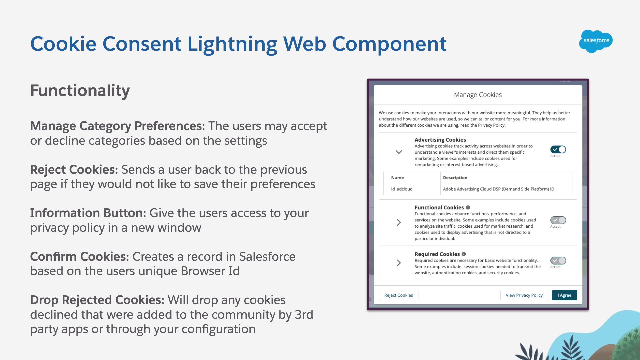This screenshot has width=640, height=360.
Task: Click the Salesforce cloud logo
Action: pyautogui.click(x=596, y=41)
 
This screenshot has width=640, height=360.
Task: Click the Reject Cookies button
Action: pyautogui.click(x=398, y=295)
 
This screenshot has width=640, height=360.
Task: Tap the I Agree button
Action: pyautogui.click(x=564, y=295)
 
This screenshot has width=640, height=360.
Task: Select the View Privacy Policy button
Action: pyautogui.click(x=524, y=295)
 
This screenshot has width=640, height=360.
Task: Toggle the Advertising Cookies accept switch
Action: pyautogui.click(x=558, y=150)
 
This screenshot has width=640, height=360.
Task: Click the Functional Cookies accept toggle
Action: pyautogui.click(x=558, y=220)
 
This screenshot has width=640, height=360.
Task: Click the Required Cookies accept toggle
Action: pyautogui.click(x=558, y=261)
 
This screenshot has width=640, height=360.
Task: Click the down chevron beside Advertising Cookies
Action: pyautogui.click(x=399, y=152)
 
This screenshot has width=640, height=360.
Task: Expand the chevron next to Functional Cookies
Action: pyautogui.click(x=399, y=223)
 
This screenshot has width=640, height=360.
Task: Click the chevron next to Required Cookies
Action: pyautogui.click(x=399, y=263)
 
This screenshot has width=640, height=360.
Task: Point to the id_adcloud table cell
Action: pyautogui.click(x=402, y=189)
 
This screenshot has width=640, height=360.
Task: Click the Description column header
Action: pyautogui.click(x=455, y=178)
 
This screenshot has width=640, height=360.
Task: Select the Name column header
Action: pyautogui.click(x=397, y=178)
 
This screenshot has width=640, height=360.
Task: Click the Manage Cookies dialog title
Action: pyautogui.click(x=478, y=95)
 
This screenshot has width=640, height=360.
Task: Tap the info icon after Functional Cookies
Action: pyautogui.click(x=468, y=207)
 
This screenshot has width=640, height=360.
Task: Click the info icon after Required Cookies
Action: pyautogui.click(x=464, y=254)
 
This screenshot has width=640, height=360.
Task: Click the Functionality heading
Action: pyautogui.click(x=80, y=91)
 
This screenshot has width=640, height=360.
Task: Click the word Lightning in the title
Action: pyautogui.click(x=232, y=44)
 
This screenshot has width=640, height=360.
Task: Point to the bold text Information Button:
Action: pyautogui.click(x=88, y=213)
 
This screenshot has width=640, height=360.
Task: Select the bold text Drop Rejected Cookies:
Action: pyautogui.click(x=97, y=300)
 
